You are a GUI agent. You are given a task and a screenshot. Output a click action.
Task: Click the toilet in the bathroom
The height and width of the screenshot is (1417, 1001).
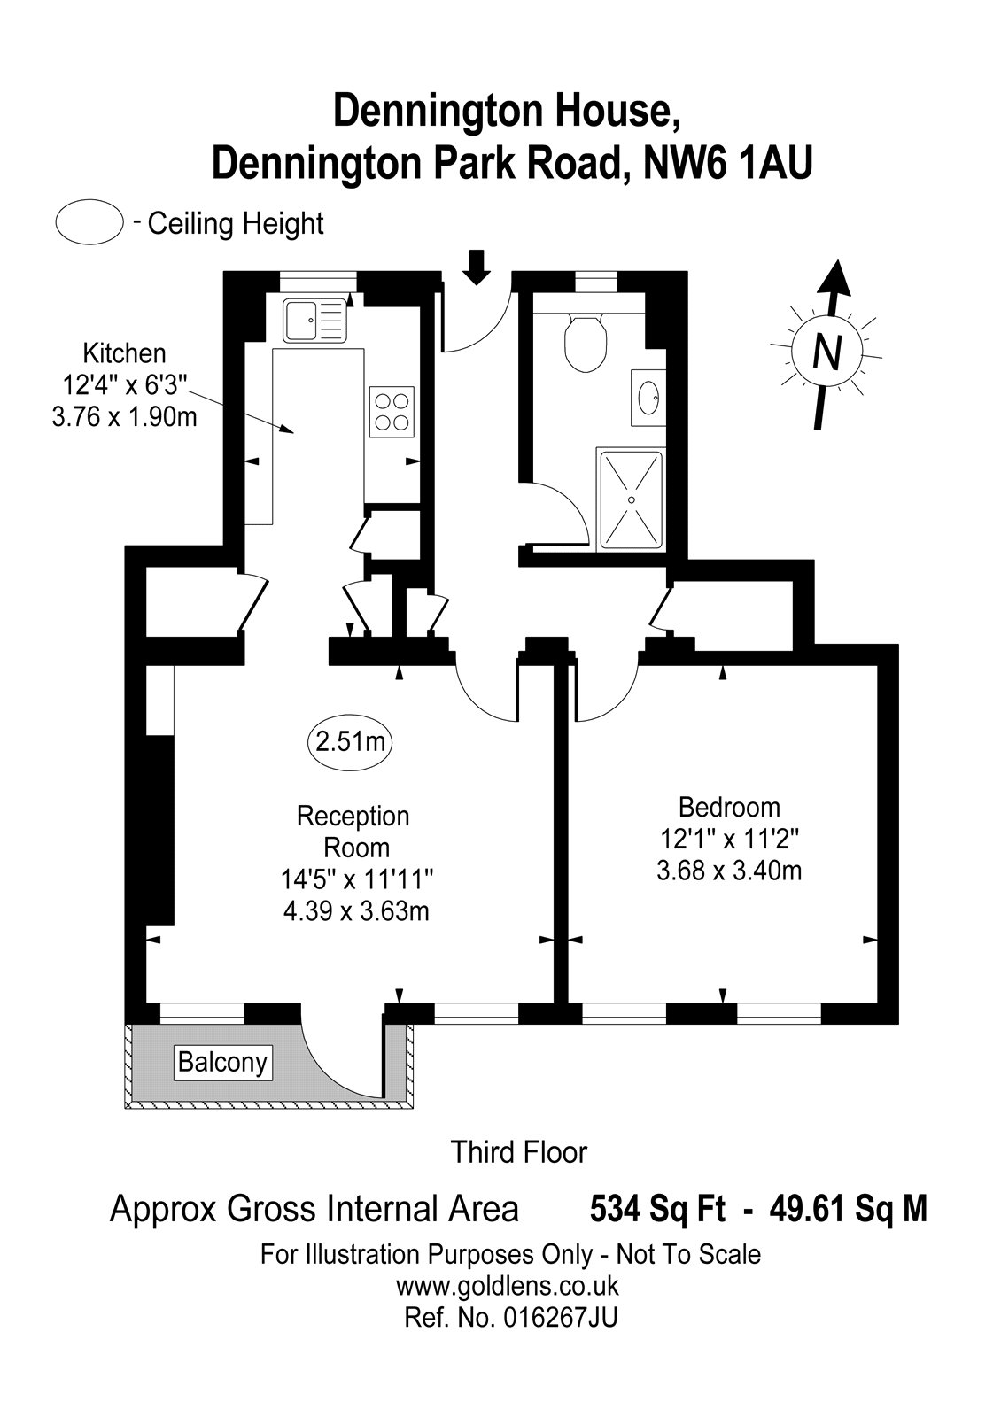pyautogui.click(x=586, y=343)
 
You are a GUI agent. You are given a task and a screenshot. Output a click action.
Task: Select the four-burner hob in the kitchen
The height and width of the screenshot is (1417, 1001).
pyautogui.click(x=392, y=411)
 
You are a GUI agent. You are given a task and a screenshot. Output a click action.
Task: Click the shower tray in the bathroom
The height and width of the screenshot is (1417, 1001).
pyautogui.click(x=630, y=499)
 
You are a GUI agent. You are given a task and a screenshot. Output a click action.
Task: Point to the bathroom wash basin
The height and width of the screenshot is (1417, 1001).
pyautogui.click(x=648, y=399)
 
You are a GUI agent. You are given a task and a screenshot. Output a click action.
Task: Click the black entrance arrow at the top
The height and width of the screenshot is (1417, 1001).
pyautogui.click(x=477, y=267)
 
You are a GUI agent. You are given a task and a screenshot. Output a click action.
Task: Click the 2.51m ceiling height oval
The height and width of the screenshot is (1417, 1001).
pyautogui.click(x=350, y=742)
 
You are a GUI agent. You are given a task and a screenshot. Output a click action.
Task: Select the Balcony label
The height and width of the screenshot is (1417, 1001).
pyautogui.click(x=222, y=1062)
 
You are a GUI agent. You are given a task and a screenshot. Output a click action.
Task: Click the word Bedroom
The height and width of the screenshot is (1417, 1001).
pyautogui.click(x=729, y=808)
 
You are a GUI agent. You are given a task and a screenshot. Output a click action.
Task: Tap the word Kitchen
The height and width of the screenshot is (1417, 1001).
pyautogui.click(x=125, y=353)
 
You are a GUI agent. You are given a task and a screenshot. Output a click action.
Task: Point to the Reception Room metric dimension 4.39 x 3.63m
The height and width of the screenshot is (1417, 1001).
pyautogui.click(x=356, y=911)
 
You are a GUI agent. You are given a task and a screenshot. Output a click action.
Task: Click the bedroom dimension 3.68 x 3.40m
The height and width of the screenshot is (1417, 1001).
pyautogui.click(x=729, y=871)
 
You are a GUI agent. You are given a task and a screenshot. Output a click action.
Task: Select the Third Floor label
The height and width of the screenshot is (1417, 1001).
pyautogui.click(x=519, y=1152)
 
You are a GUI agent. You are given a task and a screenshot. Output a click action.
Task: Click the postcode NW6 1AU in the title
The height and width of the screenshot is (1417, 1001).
pyautogui.click(x=727, y=164)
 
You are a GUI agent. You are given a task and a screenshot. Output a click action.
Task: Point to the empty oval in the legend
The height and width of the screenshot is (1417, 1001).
pyautogui.click(x=89, y=221)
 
